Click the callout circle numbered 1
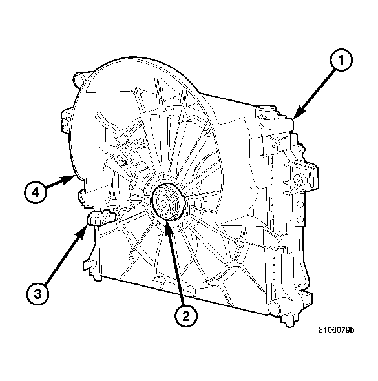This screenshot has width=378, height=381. [342, 62]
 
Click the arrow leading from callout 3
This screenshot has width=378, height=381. [65, 258]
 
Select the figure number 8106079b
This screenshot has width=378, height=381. [336, 330]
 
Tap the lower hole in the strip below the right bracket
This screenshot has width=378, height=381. [301, 223]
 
